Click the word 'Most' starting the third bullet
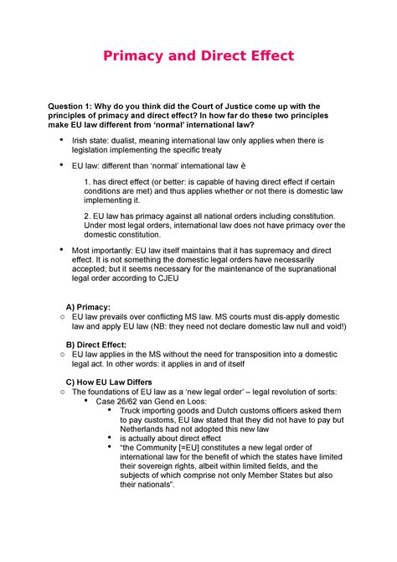(85, 249)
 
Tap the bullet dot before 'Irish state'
(59, 138)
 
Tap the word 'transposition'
(268, 356)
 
